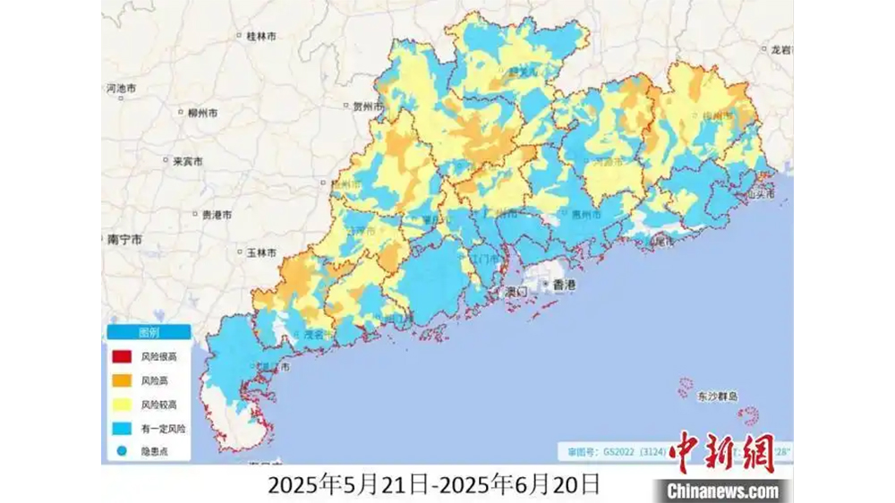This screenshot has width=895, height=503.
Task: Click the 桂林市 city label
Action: coord(260,36)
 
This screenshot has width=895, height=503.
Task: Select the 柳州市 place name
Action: coord(201,114)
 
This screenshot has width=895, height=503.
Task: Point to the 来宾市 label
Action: coord(187,162)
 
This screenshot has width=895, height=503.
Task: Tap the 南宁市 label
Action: coord(124,240)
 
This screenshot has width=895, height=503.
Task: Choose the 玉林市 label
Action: coord(260,253)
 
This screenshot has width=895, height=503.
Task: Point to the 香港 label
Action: coord(565,285)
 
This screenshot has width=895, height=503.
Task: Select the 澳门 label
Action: coord(517,292)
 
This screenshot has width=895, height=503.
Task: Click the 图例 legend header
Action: coord(149,332)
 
